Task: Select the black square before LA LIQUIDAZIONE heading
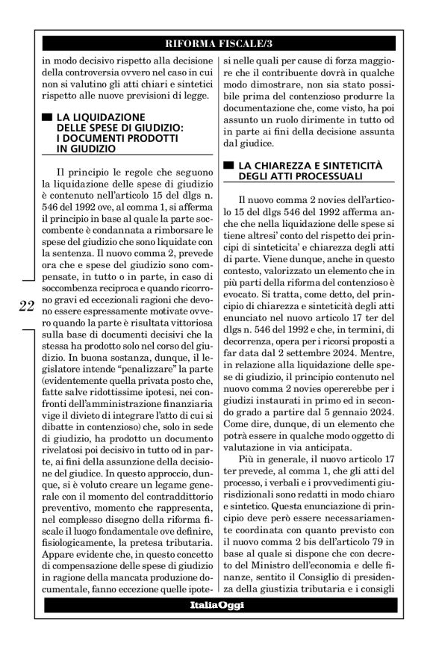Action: (x=48, y=118)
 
